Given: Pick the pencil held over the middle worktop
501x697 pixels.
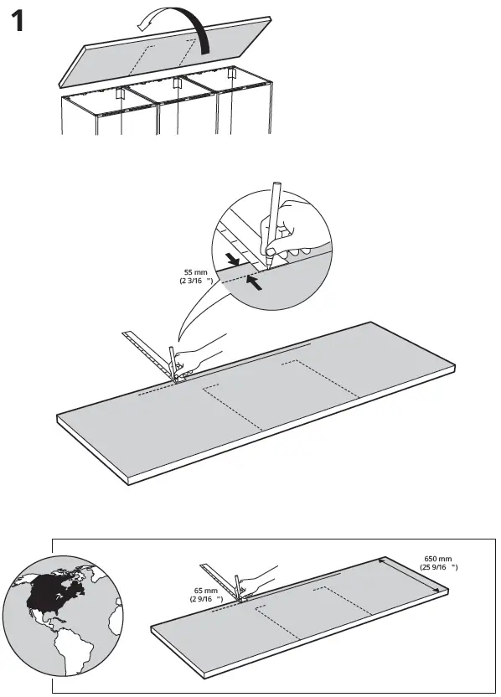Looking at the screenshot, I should (x=173, y=364).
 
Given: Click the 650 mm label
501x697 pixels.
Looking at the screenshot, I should (x=438, y=558).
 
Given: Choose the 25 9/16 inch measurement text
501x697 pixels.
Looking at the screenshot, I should (x=438, y=567).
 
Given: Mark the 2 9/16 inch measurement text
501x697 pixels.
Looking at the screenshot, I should (x=206, y=600).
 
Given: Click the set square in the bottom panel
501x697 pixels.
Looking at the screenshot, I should (x=220, y=579).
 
